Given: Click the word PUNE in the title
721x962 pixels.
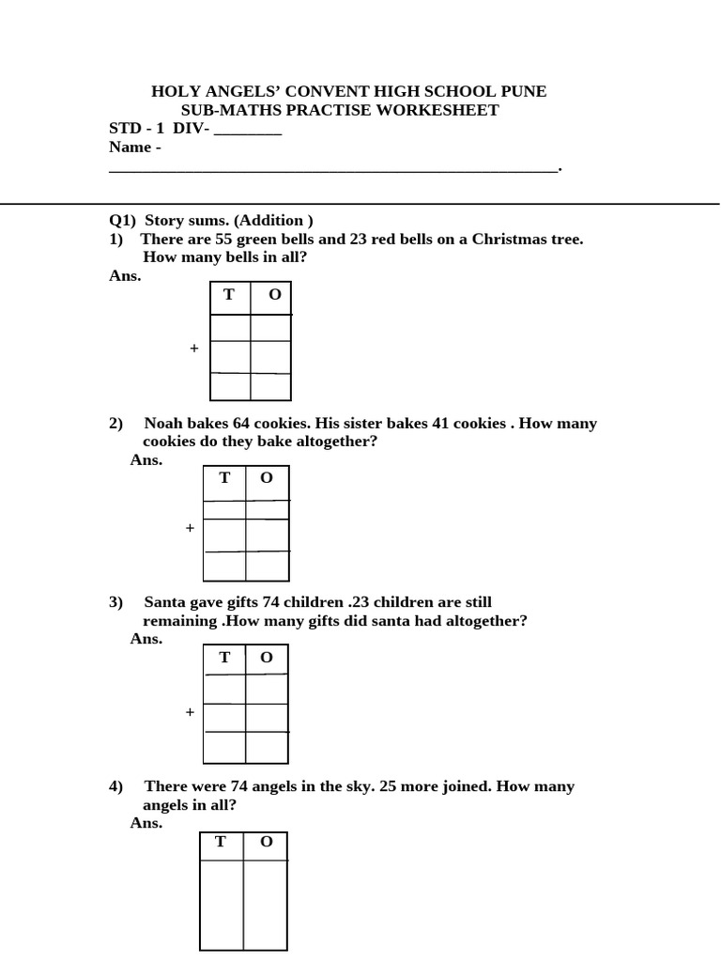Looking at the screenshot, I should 524,91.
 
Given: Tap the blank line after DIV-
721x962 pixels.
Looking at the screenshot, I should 248,129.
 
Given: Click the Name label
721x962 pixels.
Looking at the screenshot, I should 130,147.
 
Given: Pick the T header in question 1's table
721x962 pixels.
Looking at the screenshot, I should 229,295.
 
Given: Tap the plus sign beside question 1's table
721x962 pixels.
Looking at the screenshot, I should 194,348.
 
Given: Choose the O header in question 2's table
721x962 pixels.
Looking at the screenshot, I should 267,478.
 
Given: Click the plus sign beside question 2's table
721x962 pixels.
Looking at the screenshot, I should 190,528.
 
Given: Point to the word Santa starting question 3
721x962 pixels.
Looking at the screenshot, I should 164,601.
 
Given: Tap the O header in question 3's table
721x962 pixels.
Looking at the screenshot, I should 267,658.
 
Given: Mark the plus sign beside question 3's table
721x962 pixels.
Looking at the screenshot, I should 190,712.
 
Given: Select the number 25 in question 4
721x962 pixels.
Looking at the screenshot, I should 390,785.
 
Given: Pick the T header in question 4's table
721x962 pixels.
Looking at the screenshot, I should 221,842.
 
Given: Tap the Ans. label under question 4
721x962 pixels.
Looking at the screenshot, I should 146,823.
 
